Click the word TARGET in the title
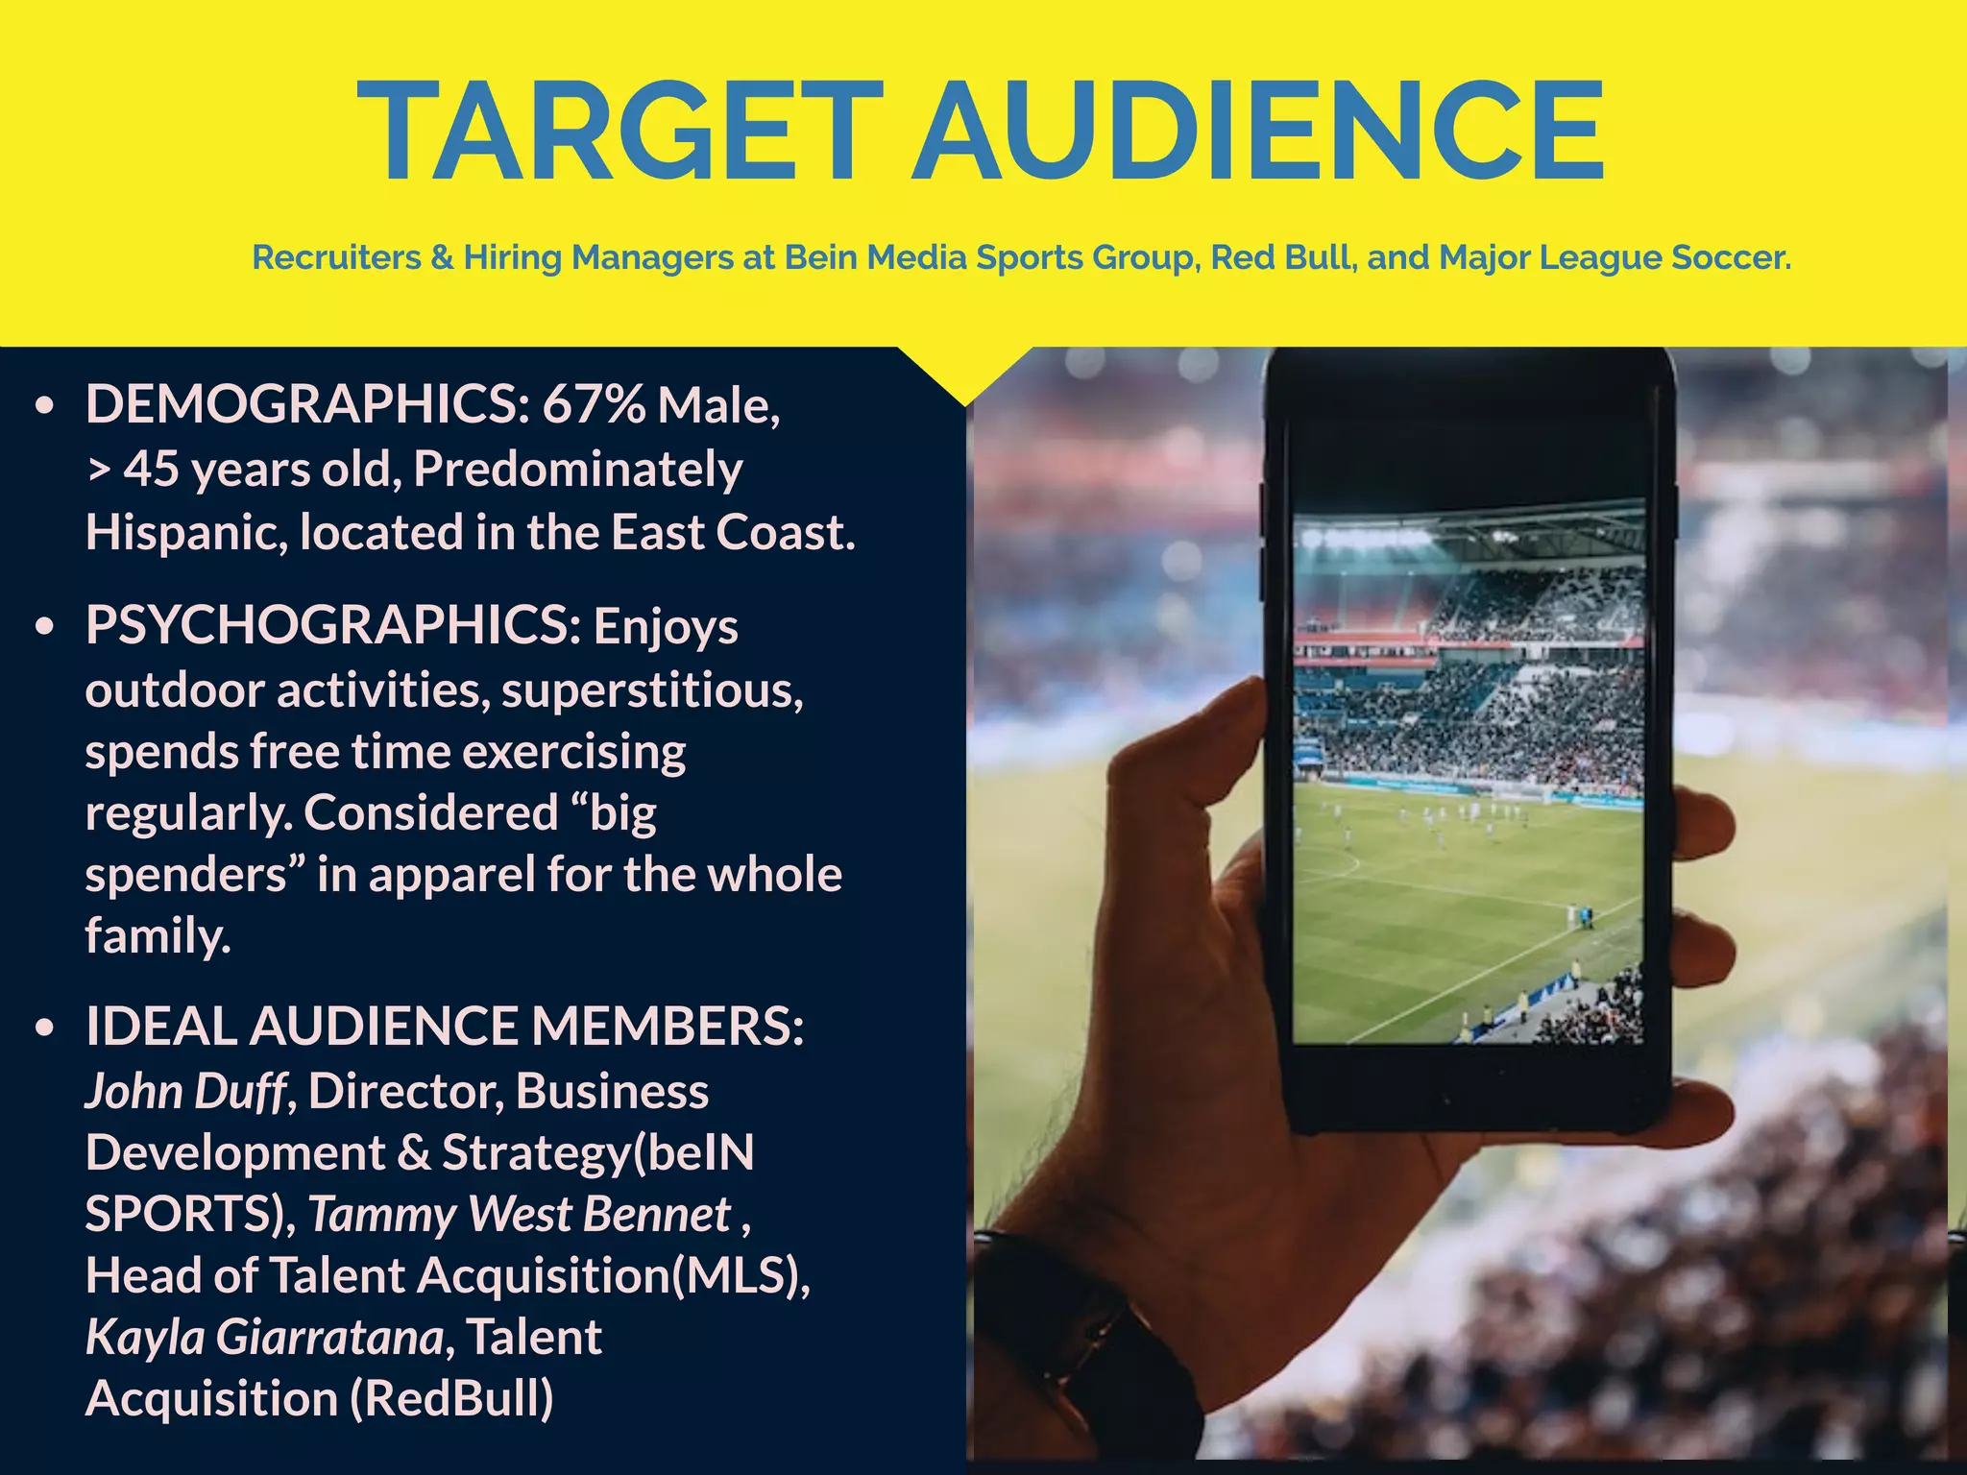point(619,131)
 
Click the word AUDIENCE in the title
point(1258,131)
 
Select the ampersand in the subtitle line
point(442,257)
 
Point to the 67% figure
point(594,404)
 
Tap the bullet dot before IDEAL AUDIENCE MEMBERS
point(44,1028)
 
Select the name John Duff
point(185,1092)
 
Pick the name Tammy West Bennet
point(520,1214)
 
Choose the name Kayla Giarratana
point(264,1337)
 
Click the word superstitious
point(652,690)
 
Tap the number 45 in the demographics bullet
point(151,470)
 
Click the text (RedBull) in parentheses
point(452,1398)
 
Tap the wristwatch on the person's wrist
point(1105,1344)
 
